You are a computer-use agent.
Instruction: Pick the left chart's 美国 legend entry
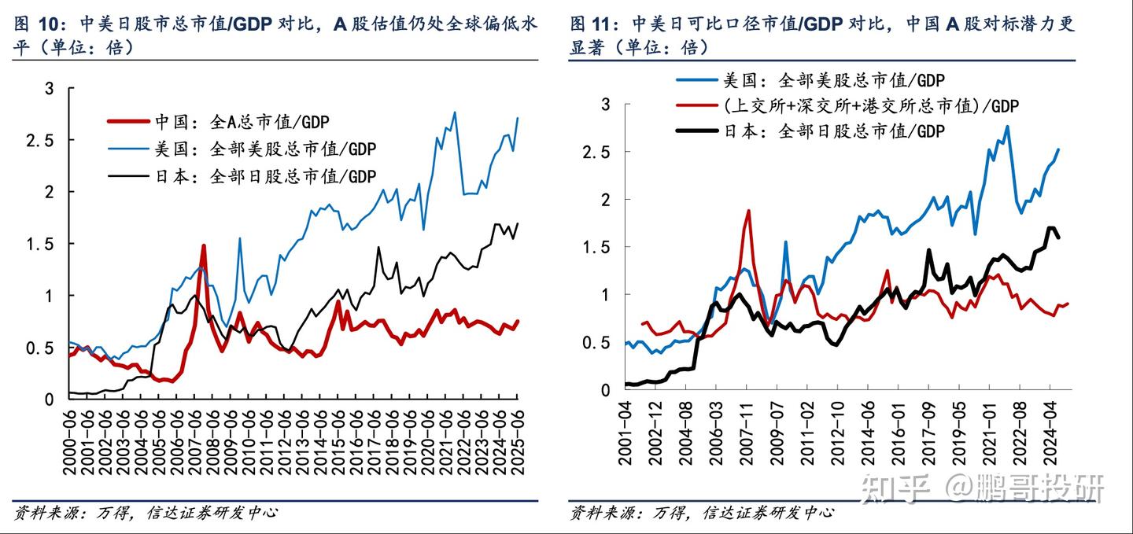255,149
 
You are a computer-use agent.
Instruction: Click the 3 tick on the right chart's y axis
605,104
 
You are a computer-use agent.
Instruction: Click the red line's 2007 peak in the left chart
203,246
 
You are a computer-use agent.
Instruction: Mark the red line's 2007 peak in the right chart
748,211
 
